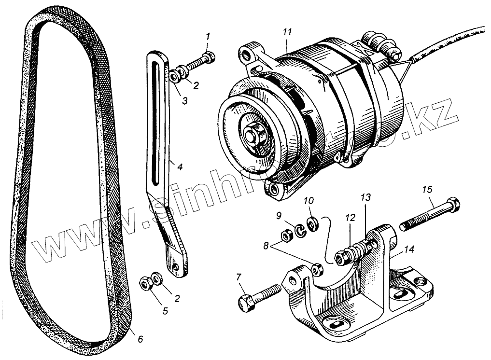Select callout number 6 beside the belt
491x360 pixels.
pos(140,339)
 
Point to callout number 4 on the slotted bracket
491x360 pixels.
pos(179,167)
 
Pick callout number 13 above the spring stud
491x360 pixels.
pos(365,197)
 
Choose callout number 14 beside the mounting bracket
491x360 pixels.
pos(409,249)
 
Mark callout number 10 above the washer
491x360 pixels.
pos(309,200)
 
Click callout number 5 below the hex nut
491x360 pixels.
pos(165,311)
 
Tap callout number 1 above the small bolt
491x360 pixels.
pos(208,37)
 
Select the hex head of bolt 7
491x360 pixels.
pos(246,302)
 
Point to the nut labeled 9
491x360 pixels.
pos(286,235)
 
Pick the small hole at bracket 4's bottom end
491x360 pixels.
pos(177,266)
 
